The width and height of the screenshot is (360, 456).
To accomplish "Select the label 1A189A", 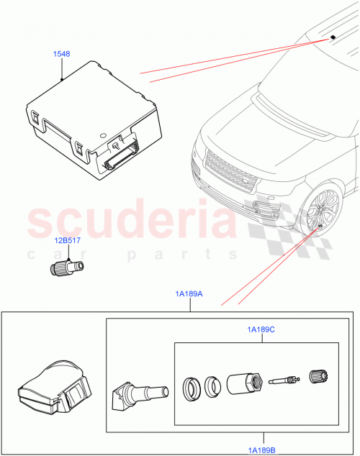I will (x=188, y=293).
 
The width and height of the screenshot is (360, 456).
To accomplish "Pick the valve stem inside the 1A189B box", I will (x=140, y=393).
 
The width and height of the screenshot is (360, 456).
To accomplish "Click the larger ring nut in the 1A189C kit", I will (x=192, y=388).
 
